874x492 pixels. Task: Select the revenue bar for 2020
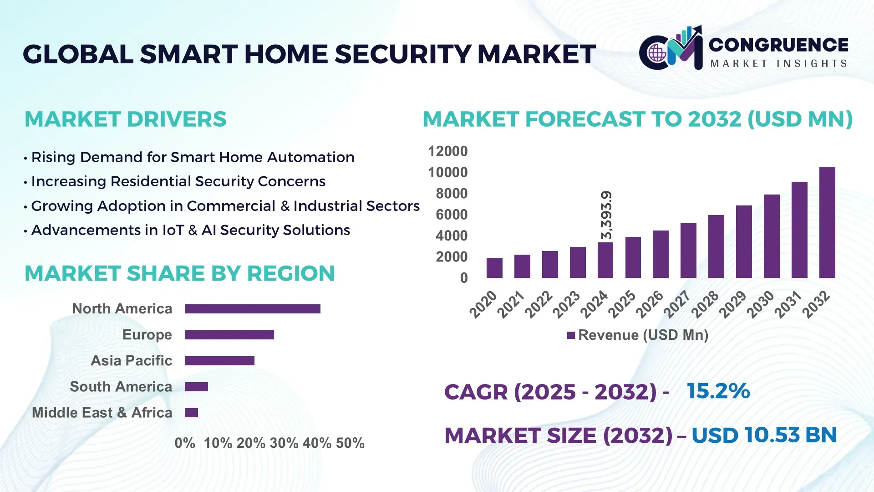(x=494, y=268)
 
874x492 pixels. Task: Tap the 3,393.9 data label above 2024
(x=606, y=215)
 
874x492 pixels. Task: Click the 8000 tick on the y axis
(x=451, y=194)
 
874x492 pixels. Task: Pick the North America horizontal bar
(x=253, y=309)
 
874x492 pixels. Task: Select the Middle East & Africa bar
(x=192, y=413)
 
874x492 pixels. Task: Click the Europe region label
(x=147, y=335)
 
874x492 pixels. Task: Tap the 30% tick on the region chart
(x=284, y=443)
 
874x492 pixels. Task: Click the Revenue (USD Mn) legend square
(x=571, y=335)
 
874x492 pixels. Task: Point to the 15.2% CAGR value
(x=718, y=391)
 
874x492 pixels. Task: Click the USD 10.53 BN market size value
(x=764, y=435)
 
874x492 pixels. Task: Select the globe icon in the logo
(x=657, y=53)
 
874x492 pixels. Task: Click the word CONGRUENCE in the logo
(x=778, y=45)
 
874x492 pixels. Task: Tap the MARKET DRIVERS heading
(x=125, y=119)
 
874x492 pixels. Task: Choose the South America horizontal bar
(x=197, y=387)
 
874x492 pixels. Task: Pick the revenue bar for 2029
(x=744, y=241)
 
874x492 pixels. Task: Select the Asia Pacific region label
(x=131, y=361)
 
